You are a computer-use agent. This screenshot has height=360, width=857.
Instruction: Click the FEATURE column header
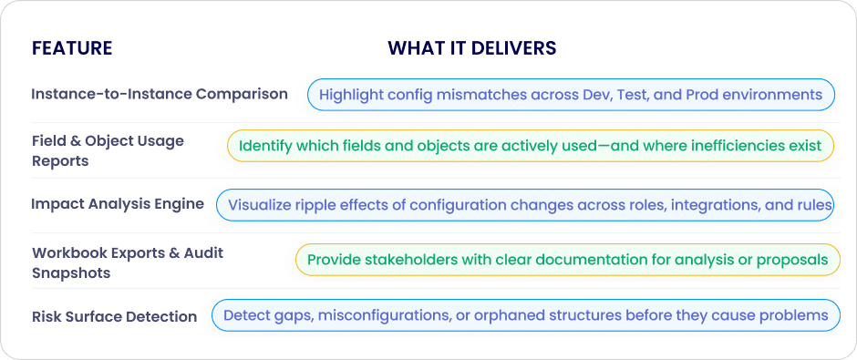click(x=72, y=48)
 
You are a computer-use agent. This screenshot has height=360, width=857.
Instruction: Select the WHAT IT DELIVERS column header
click(x=472, y=48)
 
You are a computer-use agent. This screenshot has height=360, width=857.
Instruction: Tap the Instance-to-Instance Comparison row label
click(x=160, y=94)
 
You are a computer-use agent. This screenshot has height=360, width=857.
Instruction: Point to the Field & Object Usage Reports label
click(x=108, y=150)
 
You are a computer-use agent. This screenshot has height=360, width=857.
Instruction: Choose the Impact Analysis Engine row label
click(x=118, y=204)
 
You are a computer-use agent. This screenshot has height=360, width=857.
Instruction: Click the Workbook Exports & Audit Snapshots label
click(x=128, y=262)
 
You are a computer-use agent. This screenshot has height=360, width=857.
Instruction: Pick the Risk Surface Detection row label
click(x=114, y=316)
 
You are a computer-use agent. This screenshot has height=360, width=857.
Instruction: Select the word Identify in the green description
click(x=260, y=146)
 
